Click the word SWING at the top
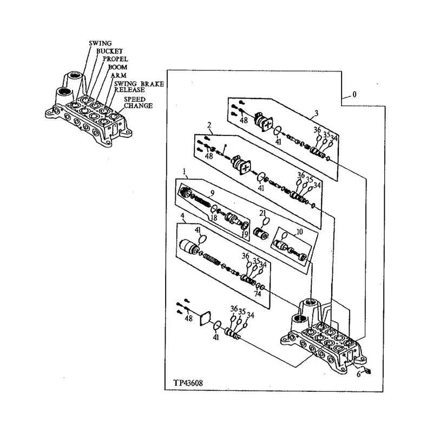(x=100, y=43)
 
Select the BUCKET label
(x=109, y=50)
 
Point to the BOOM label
(x=117, y=67)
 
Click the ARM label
(x=119, y=76)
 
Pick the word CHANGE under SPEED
(x=138, y=106)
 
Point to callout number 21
(x=263, y=213)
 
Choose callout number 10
(x=299, y=232)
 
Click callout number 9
(x=213, y=193)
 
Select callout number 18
(x=214, y=218)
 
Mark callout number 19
(x=245, y=234)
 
